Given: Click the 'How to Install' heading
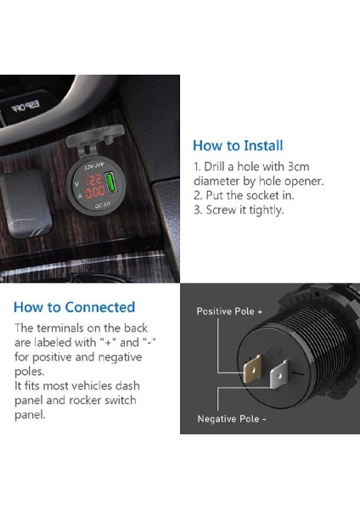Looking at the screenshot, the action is (238, 145).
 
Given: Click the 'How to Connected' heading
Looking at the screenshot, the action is (75, 307).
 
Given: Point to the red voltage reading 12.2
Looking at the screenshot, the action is (94, 181).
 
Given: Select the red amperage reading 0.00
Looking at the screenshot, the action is (95, 193).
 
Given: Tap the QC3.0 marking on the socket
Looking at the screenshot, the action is (103, 204).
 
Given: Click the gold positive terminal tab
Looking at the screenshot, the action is (253, 369).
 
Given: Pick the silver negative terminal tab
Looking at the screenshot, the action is (279, 374).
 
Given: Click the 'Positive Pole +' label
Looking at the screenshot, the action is (229, 311).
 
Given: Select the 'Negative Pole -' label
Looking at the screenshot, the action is (232, 419).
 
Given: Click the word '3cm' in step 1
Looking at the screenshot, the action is (299, 166).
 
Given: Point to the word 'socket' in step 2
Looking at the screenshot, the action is (262, 195).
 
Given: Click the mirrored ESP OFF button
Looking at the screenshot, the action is (25, 106).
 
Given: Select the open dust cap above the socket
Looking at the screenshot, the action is (95, 137).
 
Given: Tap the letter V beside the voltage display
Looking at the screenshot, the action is (76, 184).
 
